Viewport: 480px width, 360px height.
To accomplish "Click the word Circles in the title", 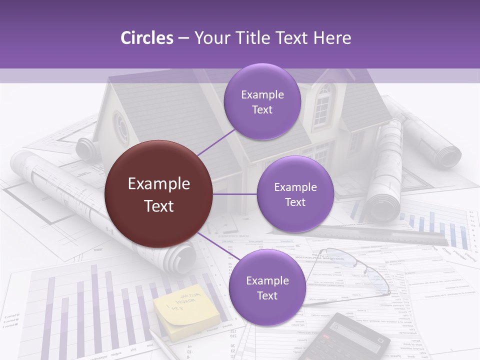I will [x=146, y=38].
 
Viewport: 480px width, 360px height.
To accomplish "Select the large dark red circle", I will [x=158, y=194].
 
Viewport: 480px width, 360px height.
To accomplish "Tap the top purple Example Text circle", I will [x=262, y=102].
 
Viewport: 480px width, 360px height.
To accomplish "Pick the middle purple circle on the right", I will [x=295, y=194].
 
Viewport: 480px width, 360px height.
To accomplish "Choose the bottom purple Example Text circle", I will [x=267, y=287].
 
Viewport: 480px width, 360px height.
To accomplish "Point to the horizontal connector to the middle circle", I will [x=235, y=194].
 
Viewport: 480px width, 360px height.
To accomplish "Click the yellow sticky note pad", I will [x=184, y=311].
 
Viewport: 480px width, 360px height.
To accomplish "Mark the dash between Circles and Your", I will [x=183, y=38].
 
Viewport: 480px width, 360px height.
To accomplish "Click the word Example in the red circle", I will [x=158, y=184].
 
